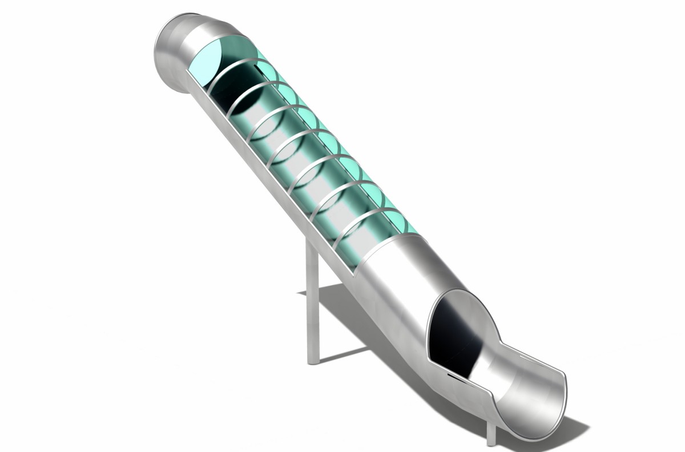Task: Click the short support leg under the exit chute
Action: [491, 434]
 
